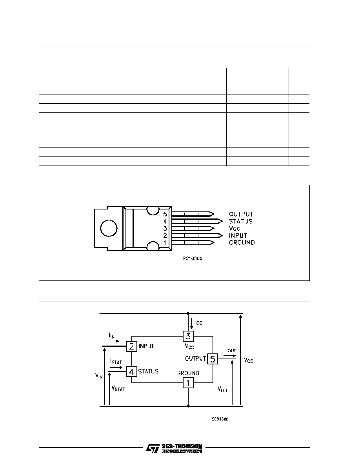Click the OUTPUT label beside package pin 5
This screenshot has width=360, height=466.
(241, 214)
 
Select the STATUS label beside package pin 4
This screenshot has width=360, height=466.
(241, 221)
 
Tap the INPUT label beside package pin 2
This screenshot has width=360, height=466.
(238, 235)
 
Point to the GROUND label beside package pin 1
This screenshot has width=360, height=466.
(242, 242)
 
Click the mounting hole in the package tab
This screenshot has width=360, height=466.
(109, 228)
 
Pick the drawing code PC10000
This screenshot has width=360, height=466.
(193, 258)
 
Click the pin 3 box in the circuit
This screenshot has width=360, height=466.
(188, 336)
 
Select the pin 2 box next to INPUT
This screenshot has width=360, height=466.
(132, 346)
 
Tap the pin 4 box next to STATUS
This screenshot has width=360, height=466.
(132, 371)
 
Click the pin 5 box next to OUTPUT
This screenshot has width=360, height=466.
(213, 359)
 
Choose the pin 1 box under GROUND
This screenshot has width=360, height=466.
(188, 383)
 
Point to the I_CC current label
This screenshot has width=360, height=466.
(199, 322)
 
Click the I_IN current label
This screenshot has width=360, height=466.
(111, 335)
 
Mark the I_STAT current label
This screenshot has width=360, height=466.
(116, 361)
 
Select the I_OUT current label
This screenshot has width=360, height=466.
(231, 350)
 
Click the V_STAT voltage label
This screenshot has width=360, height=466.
(118, 388)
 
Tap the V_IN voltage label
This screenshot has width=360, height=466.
(99, 376)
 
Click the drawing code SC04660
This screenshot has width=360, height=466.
(220, 419)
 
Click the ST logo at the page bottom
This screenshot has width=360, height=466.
(153, 448)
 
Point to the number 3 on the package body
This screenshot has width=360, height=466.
(165, 229)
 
